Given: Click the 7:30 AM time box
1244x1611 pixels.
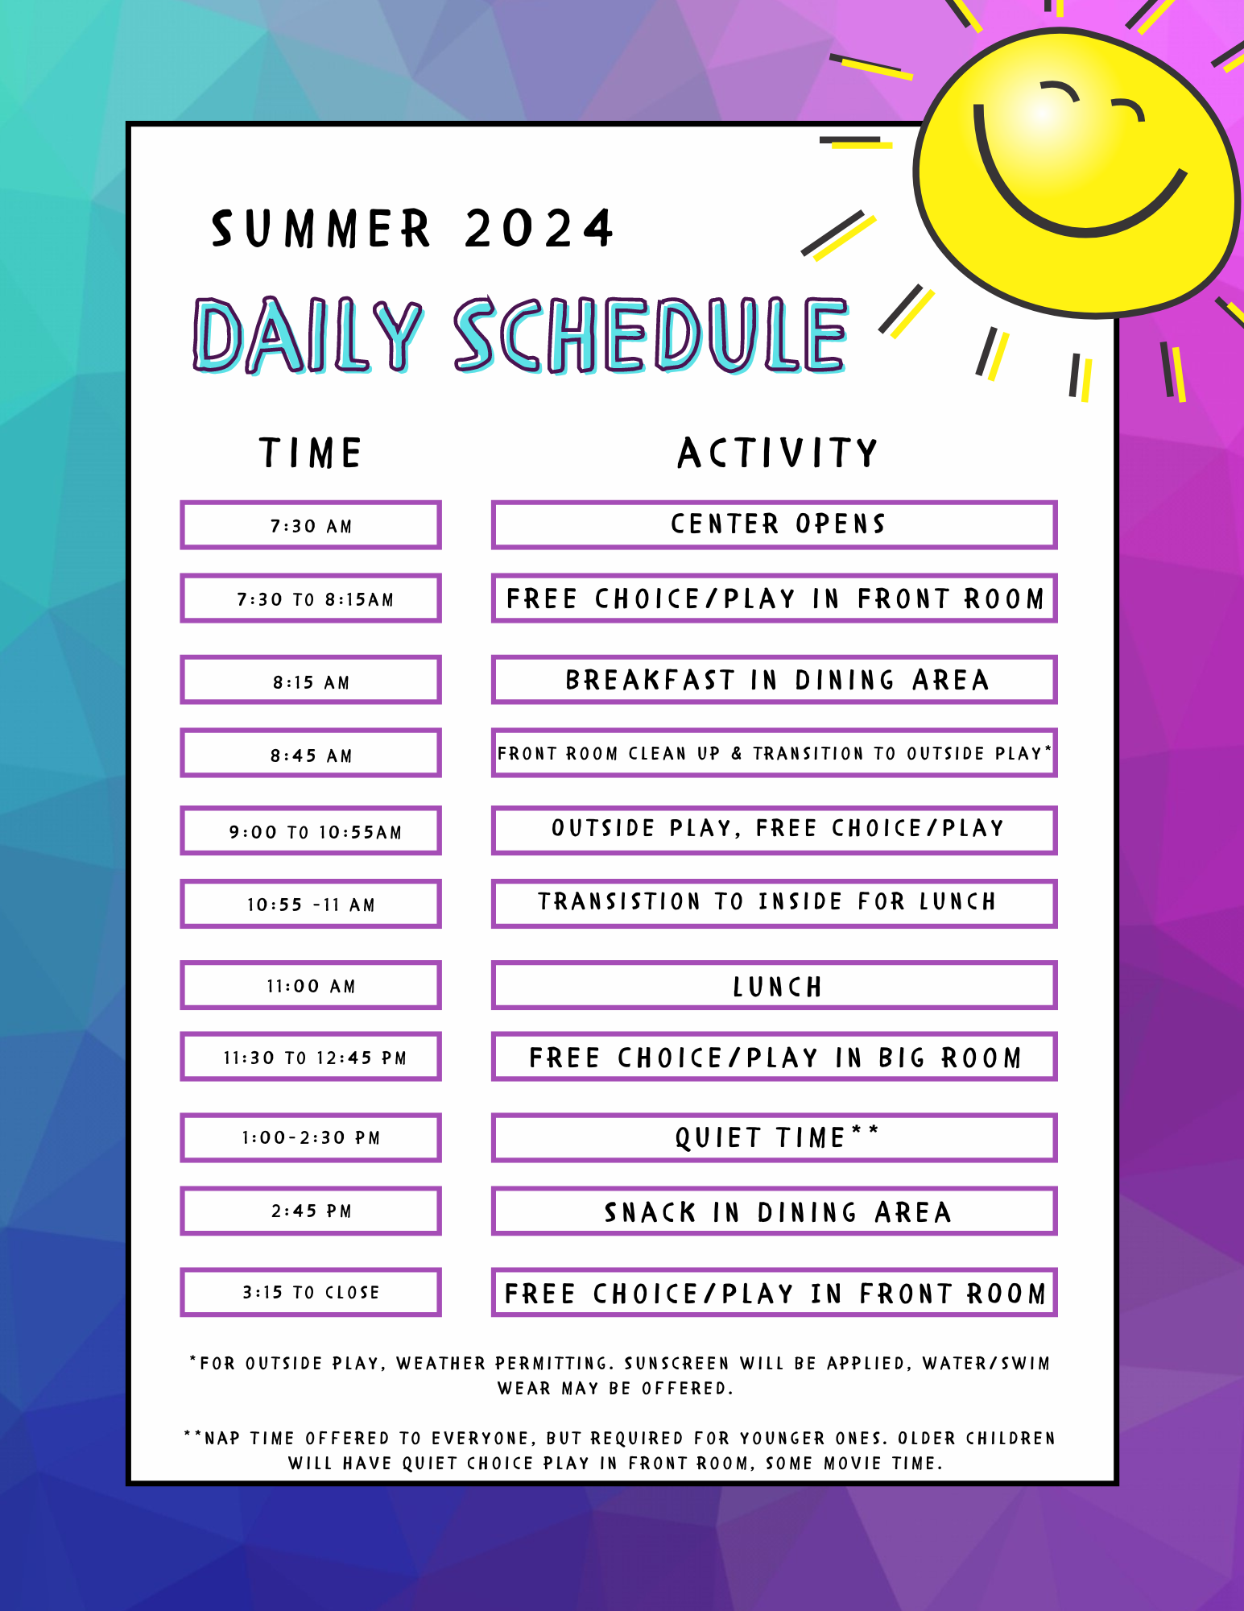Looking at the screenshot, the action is coord(311,525).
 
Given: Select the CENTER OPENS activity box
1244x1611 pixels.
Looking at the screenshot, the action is coord(774,525).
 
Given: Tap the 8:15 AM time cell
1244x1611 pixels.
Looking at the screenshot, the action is coord(311,680).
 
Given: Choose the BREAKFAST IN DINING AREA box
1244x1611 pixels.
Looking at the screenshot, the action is coord(774,680).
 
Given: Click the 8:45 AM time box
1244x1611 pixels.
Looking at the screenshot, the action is coord(311,753).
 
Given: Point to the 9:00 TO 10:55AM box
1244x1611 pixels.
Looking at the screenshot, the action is coord(311,830).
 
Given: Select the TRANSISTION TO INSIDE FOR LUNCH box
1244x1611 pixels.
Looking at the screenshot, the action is coord(774,904).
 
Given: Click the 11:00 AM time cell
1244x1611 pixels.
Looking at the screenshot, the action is coord(311,985).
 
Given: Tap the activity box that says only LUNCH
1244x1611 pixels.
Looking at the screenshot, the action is coord(774,985).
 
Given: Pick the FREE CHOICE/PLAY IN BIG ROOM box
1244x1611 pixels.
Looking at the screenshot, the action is coord(774,1057).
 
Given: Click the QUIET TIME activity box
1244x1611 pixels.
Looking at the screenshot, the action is coord(774,1137).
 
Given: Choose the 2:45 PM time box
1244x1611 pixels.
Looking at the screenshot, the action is coord(311,1211).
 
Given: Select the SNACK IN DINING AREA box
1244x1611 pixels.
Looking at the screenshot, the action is coord(774,1211).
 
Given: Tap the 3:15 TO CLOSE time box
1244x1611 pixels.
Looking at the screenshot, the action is coord(311,1292).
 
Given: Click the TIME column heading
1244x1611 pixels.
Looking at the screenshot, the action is coord(311,453).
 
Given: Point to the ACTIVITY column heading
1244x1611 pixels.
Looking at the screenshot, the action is coord(777,453).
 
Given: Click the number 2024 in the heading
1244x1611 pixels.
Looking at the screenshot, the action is coord(539,229).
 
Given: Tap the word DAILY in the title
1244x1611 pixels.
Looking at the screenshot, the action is coord(307,335).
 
